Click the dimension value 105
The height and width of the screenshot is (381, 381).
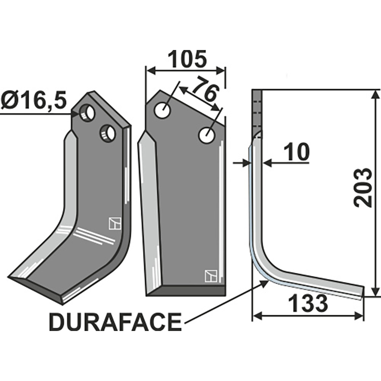[185, 59]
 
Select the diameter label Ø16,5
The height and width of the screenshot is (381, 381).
[34, 101]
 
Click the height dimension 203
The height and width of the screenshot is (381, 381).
[364, 187]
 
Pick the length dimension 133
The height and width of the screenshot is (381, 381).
[308, 303]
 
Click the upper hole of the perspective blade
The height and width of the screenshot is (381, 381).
[87, 113]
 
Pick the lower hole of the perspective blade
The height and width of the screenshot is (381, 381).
[108, 133]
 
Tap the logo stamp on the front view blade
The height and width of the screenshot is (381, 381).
[210, 276]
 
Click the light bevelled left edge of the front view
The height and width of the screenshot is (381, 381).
[149, 214]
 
